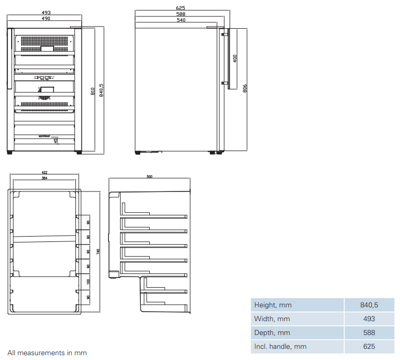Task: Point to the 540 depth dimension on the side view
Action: (181, 21)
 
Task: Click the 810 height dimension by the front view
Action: (93, 90)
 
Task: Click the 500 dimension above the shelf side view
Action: (149, 177)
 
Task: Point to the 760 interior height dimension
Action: (98, 252)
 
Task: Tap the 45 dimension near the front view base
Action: (56, 141)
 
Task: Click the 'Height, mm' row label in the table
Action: (273, 305)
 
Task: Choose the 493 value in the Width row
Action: (369, 319)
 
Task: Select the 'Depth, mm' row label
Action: (273, 333)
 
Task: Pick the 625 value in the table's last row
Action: (369, 347)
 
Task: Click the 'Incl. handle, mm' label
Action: (280, 347)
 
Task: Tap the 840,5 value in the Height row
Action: (369, 305)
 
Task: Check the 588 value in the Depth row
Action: (369, 333)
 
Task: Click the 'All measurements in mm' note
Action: (47, 353)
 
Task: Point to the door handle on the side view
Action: (225, 58)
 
